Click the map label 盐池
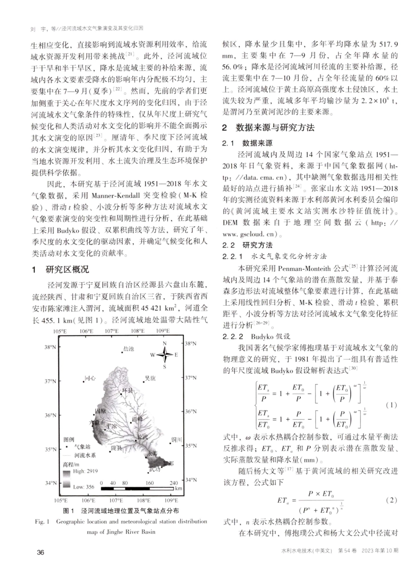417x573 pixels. tap(129, 349)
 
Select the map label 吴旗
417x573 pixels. tap(150, 378)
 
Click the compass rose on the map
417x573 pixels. tap(165, 354)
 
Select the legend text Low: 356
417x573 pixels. tap(84, 487)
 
